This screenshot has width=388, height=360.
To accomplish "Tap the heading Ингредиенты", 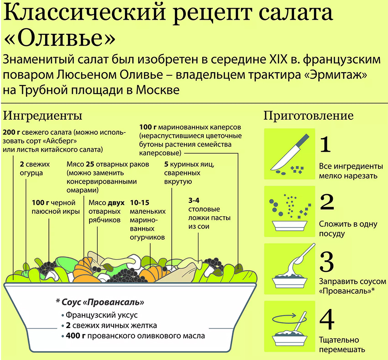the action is [42, 116].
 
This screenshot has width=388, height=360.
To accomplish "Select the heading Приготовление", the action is [308, 116].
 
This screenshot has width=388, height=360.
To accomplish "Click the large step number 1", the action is [325, 145].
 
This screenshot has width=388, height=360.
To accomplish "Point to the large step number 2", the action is [327, 202].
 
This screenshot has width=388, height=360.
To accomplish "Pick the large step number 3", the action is [327, 262].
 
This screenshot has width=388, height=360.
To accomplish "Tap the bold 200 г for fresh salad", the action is [11, 132].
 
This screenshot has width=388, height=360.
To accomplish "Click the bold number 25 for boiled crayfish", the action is [90, 164].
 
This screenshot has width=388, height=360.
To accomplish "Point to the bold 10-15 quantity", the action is [140, 203].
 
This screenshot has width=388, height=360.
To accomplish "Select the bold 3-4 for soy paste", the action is [194, 200].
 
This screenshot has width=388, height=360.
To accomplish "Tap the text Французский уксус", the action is [101, 315].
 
